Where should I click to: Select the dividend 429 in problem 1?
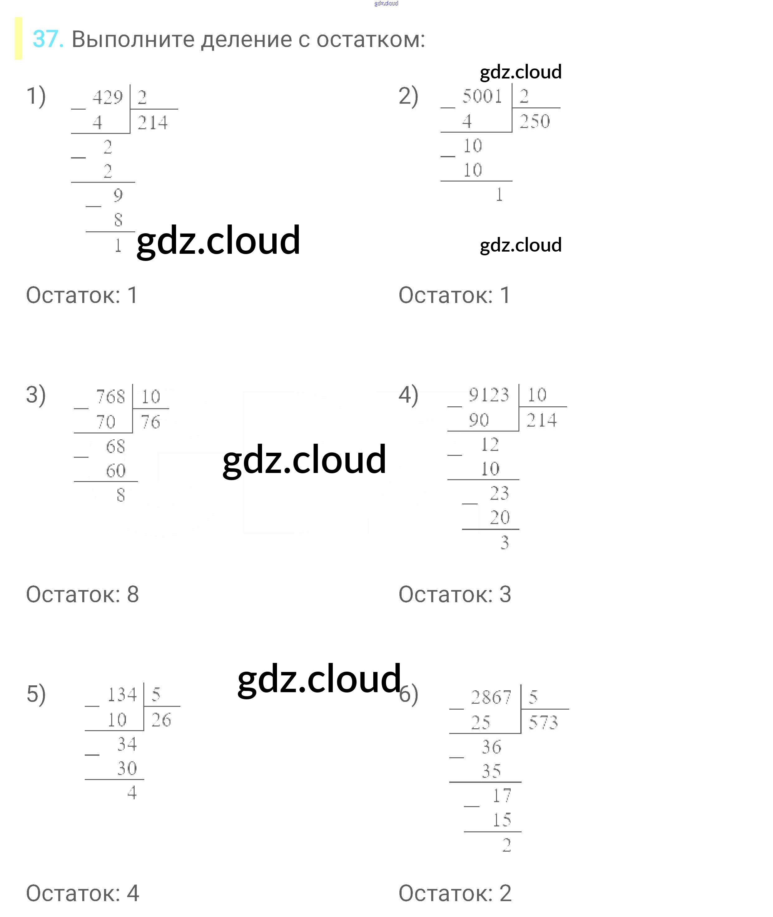(x=107, y=97)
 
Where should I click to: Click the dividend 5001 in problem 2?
(x=482, y=96)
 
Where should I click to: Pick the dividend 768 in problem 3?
(x=110, y=397)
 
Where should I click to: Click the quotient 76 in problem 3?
(x=150, y=422)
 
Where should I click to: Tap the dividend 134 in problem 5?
(x=122, y=695)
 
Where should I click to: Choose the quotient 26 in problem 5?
(x=161, y=720)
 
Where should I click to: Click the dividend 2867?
(x=491, y=697)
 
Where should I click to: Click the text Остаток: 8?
(x=82, y=594)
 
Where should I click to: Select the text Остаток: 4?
(x=82, y=893)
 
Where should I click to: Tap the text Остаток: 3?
(x=455, y=594)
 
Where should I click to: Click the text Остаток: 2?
(x=455, y=893)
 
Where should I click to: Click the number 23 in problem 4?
(x=499, y=494)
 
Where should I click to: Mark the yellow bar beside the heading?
(x=18, y=39)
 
